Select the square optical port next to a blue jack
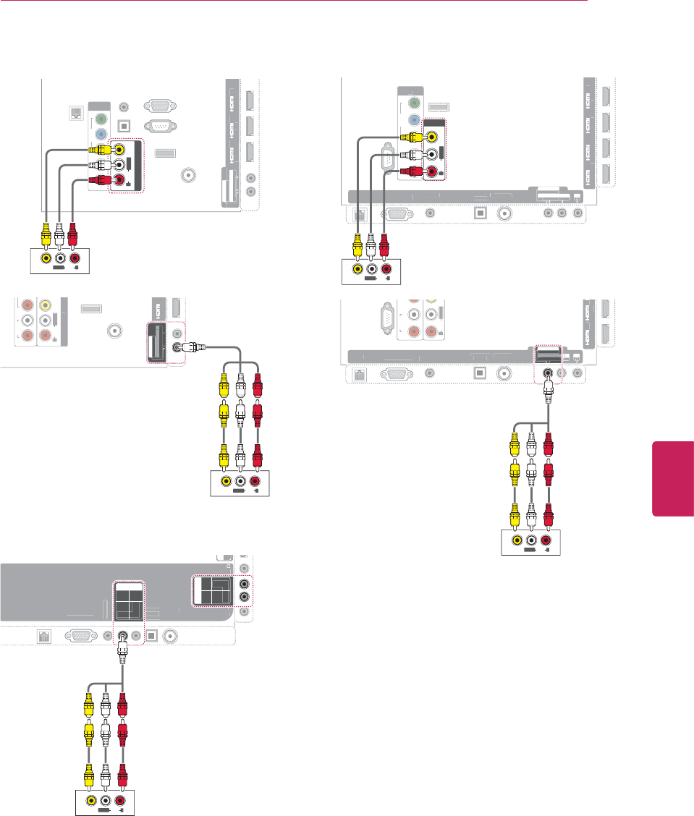124,124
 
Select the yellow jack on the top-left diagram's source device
46,258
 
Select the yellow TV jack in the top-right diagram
433,136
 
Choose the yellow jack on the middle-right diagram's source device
517,541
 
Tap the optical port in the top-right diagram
478,213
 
